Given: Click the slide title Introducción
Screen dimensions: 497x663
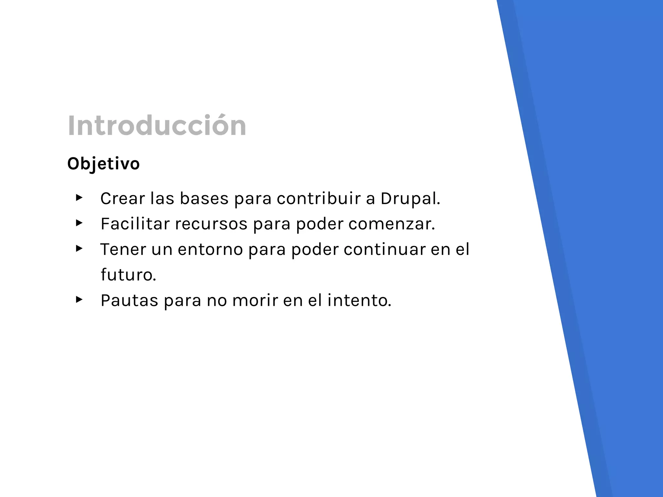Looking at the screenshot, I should point(157,126).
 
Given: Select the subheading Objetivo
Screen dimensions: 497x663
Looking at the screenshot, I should point(103,164).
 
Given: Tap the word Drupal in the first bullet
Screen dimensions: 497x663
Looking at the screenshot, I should point(410,199).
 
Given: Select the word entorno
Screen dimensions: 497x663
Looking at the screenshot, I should point(210,249).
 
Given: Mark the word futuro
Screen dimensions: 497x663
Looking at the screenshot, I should point(128,275).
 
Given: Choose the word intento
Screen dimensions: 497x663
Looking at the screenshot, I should point(359,300).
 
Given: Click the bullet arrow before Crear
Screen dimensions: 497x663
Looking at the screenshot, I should point(79,197).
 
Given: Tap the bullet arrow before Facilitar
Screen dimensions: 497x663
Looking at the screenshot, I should point(79,223).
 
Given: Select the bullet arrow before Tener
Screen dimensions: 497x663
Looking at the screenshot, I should point(79,248).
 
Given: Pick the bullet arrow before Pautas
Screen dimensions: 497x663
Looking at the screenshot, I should point(79,299).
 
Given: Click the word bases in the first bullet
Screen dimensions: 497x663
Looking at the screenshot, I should point(204,198).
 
